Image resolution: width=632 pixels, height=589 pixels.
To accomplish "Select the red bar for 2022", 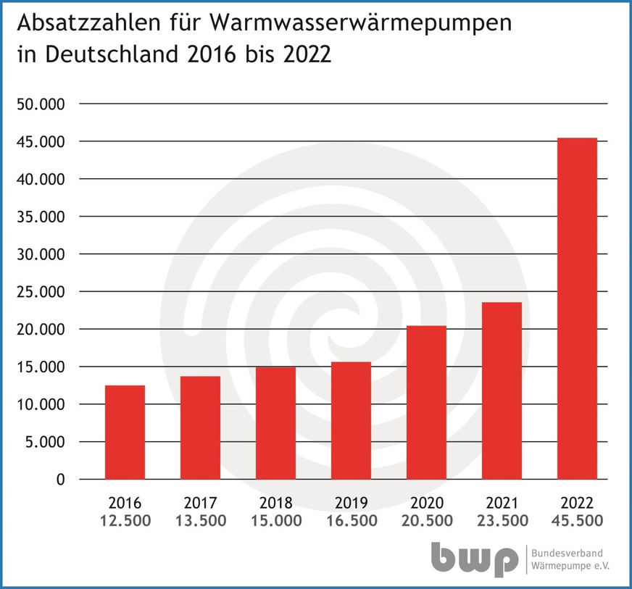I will [x=577, y=309].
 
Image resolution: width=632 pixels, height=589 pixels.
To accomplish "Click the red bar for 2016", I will [x=125, y=433].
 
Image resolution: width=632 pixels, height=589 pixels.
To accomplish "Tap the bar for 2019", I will [x=351, y=421].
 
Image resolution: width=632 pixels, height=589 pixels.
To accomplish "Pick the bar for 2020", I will [x=426, y=403].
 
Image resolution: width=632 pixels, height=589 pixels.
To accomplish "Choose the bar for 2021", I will [x=502, y=391].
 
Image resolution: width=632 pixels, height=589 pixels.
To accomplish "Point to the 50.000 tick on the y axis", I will [x=41, y=104].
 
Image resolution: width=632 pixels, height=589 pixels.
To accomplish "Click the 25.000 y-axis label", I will [x=41, y=292].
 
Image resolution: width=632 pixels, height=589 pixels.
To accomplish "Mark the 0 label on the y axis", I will [x=60, y=480].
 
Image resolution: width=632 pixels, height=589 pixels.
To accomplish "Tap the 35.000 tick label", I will [x=41, y=217].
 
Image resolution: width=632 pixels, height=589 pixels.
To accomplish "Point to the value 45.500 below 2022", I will [x=577, y=521].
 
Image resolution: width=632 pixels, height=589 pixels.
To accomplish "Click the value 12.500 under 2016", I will [x=125, y=521].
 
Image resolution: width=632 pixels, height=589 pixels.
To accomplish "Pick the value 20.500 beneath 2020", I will [x=426, y=521].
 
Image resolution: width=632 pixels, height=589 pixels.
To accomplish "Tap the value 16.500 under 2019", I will [x=351, y=521].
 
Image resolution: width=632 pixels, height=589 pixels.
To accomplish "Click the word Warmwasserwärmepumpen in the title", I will [x=361, y=24].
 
